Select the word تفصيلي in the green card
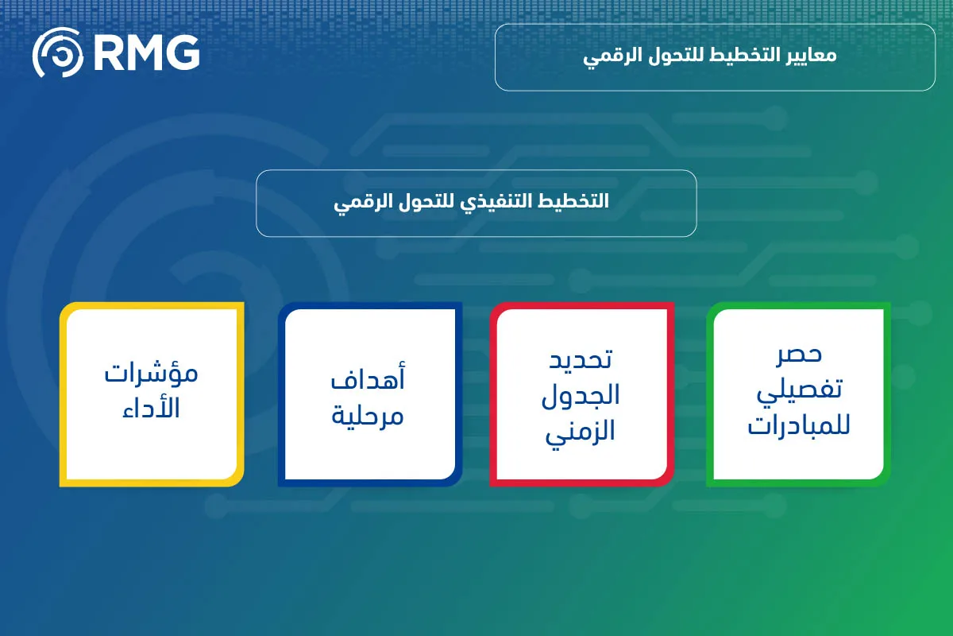pos(798,392)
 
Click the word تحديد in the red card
pos(581,359)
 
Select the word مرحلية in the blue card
pos(368,414)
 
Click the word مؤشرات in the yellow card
pos(152,374)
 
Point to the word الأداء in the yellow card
pos(152,409)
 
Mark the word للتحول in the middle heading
pos(430,202)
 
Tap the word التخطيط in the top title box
pos(742,57)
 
